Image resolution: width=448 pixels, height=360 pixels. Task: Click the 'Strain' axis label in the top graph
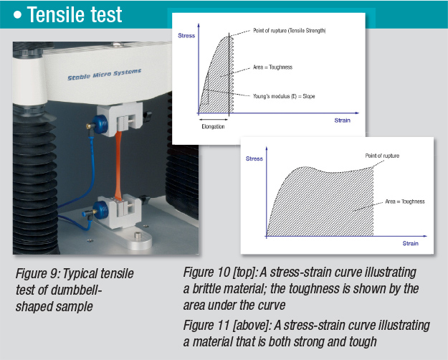(x=342, y=120)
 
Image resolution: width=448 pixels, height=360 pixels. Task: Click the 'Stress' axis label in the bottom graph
(x=254, y=157)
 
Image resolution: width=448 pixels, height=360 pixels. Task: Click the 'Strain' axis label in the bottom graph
(x=410, y=244)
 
